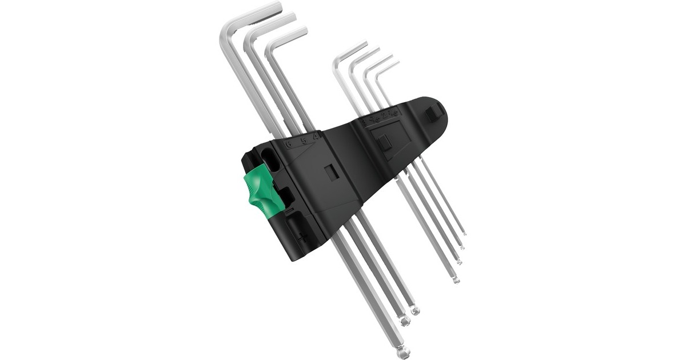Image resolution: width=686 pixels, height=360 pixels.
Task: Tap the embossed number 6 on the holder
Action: (289, 143)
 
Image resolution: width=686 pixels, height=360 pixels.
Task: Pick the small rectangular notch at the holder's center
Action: (330, 173)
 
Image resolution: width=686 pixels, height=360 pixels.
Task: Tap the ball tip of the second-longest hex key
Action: (405, 322)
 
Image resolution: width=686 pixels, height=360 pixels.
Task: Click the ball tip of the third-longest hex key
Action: (415, 311)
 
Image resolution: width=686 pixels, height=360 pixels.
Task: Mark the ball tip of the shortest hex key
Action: (464, 233)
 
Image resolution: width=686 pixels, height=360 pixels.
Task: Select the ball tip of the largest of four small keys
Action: (456, 280)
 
